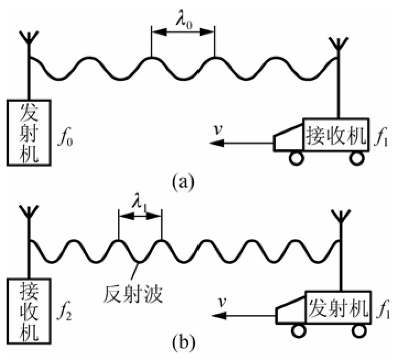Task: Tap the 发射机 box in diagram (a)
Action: pos(29,132)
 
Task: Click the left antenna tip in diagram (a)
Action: pos(28,39)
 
